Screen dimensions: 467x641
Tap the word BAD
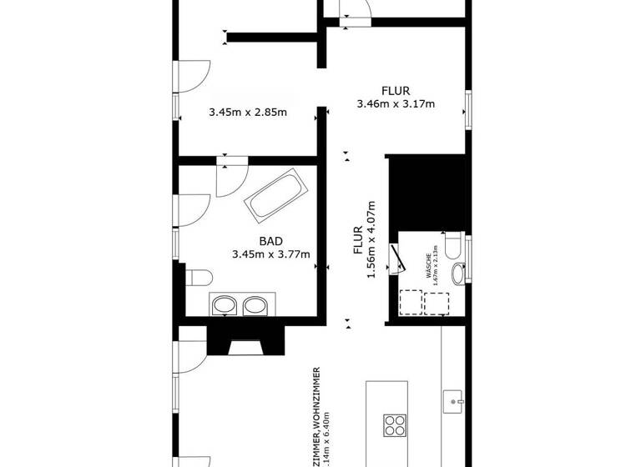tap(270, 242)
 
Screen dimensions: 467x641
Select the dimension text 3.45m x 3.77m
tap(271, 255)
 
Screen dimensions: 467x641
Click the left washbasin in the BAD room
tap(225, 305)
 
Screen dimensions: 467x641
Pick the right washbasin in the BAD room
tap(255, 305)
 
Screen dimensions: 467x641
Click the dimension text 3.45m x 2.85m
tap(247, 112)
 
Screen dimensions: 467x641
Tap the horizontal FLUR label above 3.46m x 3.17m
tap(396, 91)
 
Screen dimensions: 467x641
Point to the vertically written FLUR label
tap(358, 240)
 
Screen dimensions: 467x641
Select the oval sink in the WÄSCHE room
tap(457, 274)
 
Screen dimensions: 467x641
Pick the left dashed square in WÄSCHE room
tap(410, 302)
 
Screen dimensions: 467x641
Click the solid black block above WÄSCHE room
tap(426, 191)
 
